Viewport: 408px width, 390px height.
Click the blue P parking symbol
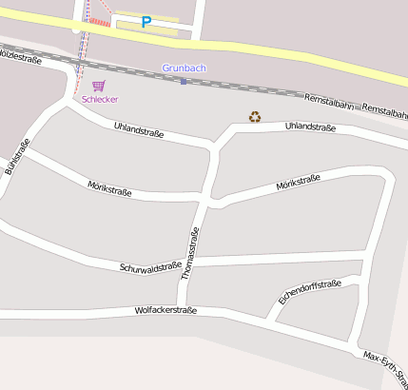[x=146, y=21]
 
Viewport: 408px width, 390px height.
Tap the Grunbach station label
[x=185, y=68]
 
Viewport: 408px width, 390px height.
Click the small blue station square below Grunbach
[x=184, y=82]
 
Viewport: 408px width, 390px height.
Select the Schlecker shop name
[x=100, y=99]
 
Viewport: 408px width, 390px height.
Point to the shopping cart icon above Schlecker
[x=99, y=86]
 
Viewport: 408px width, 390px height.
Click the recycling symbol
[x=255, y=117]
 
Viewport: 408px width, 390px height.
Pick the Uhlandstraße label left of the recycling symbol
[x=139, y=130]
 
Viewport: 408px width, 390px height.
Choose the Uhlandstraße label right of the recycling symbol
[x=310, y=127]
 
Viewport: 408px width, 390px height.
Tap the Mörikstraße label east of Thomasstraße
[x=297, y=182]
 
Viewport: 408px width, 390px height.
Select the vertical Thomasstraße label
[x=190, y=253]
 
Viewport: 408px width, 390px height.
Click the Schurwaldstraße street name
[x=150, y=267]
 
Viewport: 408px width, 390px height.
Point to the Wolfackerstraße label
[x=165, y=310]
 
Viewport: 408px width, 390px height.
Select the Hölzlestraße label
[x=21, y=56]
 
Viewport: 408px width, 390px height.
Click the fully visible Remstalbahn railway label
[x=329, y=104]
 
